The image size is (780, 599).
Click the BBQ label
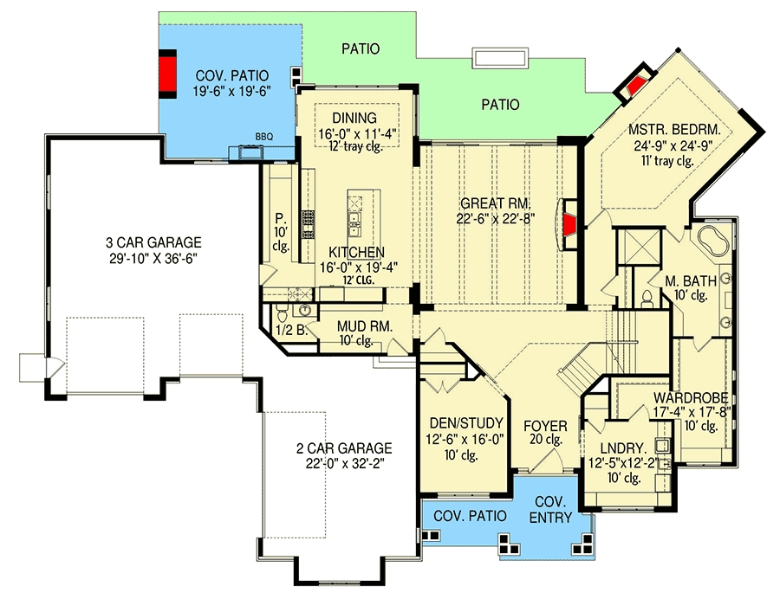point(264,137)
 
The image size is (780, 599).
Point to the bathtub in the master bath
point(713,241)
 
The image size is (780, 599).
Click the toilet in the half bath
point(282,314)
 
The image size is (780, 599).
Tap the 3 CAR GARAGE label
point(153,242)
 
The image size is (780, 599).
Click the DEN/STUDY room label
point(466,423)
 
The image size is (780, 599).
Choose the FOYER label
point(545,426)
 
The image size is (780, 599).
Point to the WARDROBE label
point(691,397)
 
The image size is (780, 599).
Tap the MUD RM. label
point(365,326)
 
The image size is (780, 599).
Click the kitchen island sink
point(355,224)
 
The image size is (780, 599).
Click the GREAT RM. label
point(496,203)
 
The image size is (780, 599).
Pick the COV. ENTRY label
point(550,509)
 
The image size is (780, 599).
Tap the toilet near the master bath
point(647,299)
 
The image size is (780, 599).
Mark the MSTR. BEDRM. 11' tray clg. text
point(667,160)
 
